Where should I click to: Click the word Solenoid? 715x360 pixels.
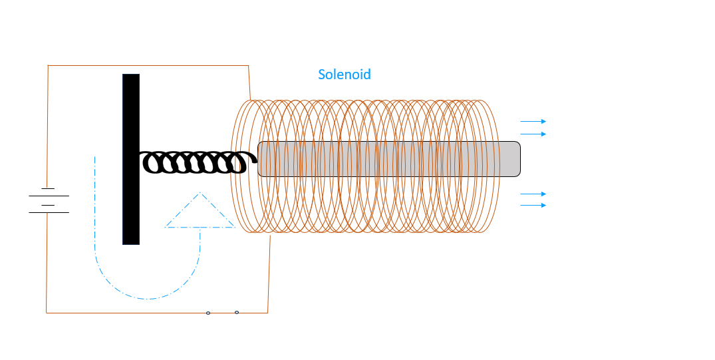point(345,75)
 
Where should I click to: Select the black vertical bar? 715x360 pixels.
point(131,159)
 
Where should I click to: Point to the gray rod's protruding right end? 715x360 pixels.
point(511,159)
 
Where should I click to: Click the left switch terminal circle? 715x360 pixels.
point(208,313)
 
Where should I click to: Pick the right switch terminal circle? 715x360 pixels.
point(237,313)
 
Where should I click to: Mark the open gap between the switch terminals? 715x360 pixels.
point(223,313)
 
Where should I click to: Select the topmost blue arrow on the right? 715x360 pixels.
point(533,121)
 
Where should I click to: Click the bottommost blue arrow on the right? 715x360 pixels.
point(533,206)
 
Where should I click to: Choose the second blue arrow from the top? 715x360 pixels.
point(533,134)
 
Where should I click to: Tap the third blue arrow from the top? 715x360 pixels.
point(533,194)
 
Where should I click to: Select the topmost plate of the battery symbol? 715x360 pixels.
point(48,188)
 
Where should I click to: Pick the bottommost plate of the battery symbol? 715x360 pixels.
point(49,213)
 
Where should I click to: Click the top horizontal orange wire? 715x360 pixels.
point(148,66)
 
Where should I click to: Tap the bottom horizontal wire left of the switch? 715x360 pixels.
point(126,313)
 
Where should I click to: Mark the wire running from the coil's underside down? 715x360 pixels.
point(269,273)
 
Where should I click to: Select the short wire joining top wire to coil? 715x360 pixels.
point(249,83)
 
